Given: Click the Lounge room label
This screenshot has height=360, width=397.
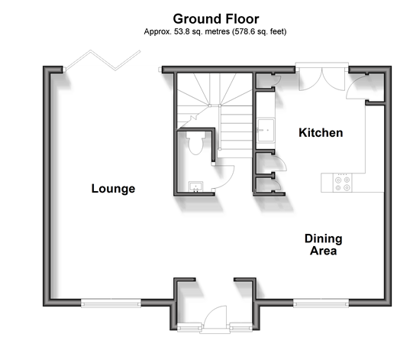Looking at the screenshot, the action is pyautogui.click(x=113, y=189).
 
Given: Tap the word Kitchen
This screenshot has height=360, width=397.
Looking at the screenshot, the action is pyautogui.click(x=321, y=133).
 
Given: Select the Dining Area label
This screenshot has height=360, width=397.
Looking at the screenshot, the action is pyautogui.click(x=324, y=245).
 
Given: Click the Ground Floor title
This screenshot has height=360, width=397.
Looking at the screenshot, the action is pyautogui.click(x=216, y=19).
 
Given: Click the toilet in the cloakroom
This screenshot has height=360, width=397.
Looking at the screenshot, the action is pyautogui.click(x=195, y=143).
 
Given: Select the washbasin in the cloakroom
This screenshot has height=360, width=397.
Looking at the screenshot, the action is pyautogui.click(x=195, y=186).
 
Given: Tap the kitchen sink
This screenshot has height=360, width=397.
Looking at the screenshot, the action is pyautogui.click(x=266, y=130).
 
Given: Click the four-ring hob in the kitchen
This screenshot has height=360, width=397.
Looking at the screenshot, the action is pyautogui.click(x=343, y=183).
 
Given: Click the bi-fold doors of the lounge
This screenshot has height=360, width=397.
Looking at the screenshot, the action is pyautogui.click(x=102, y=60).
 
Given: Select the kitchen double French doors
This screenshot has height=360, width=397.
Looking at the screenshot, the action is pyautogui.click(x=322, y=78).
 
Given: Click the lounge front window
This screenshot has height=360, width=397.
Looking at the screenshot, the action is pyautogui.click(x=111, y=303).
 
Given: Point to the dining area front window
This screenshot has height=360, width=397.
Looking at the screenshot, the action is pyautogui.click(x=321, y=303).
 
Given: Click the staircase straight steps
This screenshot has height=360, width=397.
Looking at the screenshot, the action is pyautogui.click(x=236, y=131).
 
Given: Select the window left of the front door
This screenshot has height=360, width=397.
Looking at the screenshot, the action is pyautogui.click(x=189, y=327).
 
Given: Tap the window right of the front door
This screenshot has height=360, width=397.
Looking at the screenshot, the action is pyautogui.click(x=241, y=327).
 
